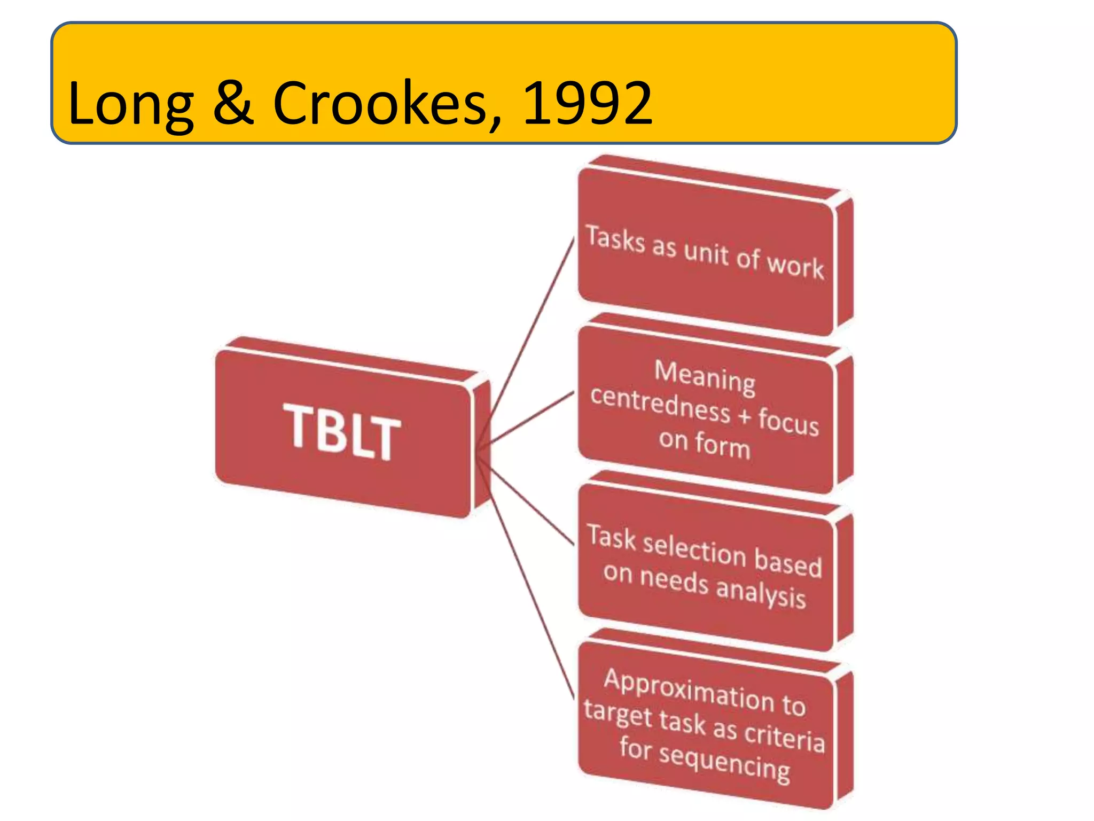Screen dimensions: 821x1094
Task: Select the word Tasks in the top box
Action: pos(615,238)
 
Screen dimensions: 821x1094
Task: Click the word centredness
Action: pos(660,404)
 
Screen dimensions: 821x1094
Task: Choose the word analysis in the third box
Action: pos(761,592)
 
